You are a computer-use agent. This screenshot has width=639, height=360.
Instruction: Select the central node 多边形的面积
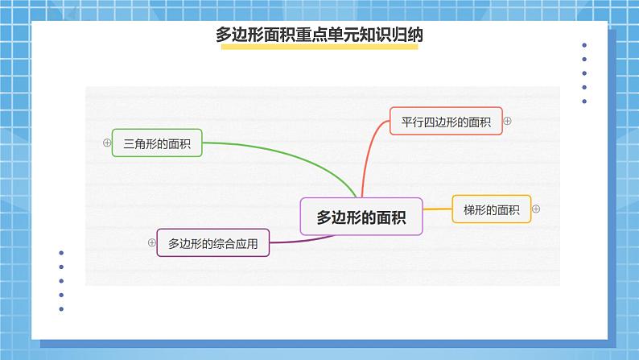coord(361,217)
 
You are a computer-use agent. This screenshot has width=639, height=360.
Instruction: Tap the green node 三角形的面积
coord(157,143)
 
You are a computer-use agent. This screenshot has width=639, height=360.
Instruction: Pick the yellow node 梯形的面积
coord(491,209)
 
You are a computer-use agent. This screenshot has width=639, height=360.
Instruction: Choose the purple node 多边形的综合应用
coord(213,242)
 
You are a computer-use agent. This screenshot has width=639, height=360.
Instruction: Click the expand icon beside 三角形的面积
coord(106,143)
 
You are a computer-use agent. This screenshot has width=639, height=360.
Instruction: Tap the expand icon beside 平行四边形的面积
coord(507,121)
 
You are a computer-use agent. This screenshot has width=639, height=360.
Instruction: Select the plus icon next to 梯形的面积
coord(536,209)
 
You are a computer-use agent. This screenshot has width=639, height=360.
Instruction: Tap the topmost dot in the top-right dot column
coord(584,46)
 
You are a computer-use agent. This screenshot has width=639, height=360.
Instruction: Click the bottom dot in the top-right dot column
coord(584,101)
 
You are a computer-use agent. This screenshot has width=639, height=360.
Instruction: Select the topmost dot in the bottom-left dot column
coord(62,253)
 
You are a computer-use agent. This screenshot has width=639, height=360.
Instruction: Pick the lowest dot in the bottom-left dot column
coord(62,308)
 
